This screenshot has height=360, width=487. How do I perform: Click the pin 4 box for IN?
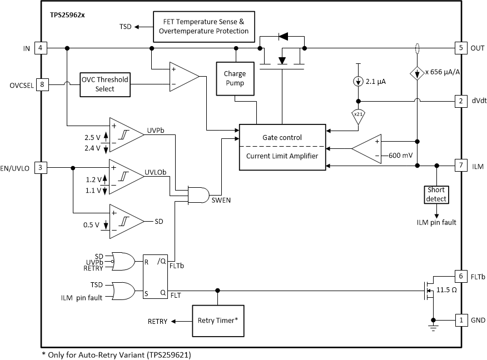point(41,48)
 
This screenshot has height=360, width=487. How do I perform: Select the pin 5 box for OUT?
point(460,48)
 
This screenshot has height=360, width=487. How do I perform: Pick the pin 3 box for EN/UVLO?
point(41,167)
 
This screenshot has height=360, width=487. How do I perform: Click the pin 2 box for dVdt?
point(460,101)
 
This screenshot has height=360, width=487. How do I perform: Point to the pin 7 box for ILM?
point(460,165)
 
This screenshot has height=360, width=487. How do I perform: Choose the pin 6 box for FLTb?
point(460,276)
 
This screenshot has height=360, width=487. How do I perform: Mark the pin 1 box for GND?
point(460,321)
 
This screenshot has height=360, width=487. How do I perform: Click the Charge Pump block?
point(235,78)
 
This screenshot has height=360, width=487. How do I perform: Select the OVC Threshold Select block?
point(105,84)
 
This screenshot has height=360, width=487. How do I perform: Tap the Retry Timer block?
point(217,321)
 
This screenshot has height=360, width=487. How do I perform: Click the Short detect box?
point(436,194)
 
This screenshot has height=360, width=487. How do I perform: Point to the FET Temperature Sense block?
point(203,26)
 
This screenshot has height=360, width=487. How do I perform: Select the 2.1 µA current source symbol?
point(357,82)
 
